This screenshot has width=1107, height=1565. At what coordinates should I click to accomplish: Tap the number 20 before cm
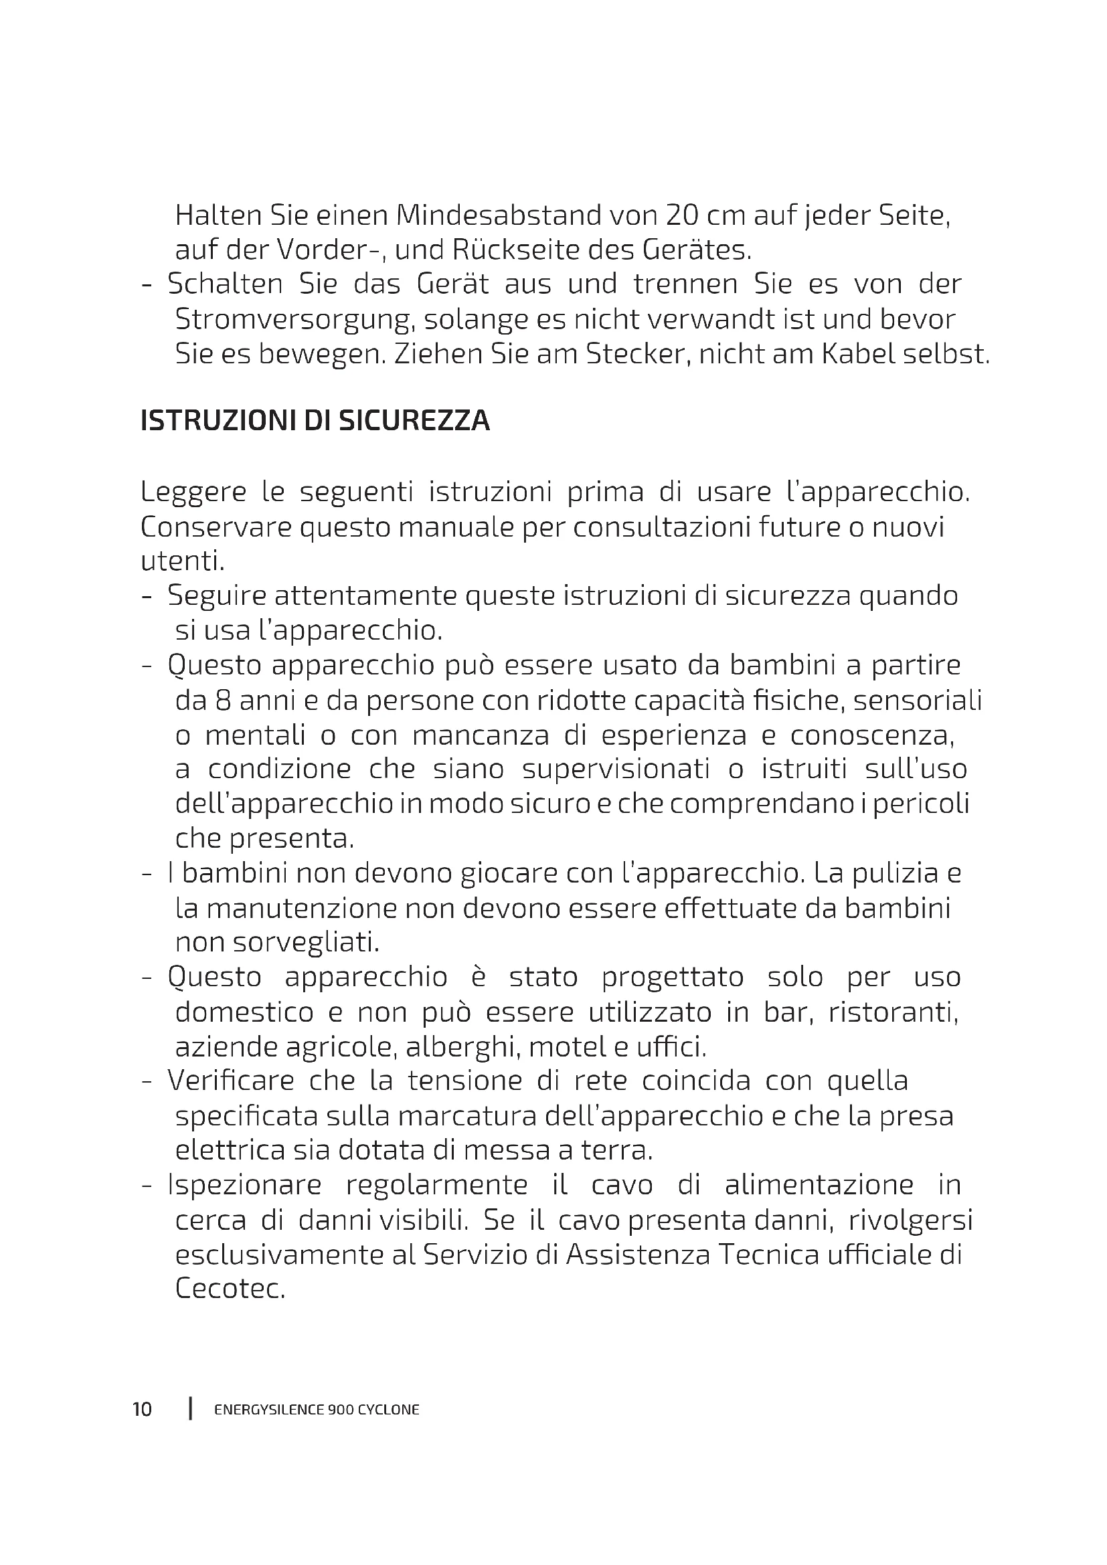click(681, 216)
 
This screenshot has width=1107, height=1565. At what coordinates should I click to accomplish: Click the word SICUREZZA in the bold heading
click(414, 422)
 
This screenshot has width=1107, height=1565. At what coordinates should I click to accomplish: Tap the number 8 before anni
click(222, 701)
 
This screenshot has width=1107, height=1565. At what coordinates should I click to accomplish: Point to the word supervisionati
click(616, 769)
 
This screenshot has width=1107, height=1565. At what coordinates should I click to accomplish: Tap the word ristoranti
click(893, 1013)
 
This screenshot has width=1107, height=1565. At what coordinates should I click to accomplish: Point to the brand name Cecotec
click(229, 1289)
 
